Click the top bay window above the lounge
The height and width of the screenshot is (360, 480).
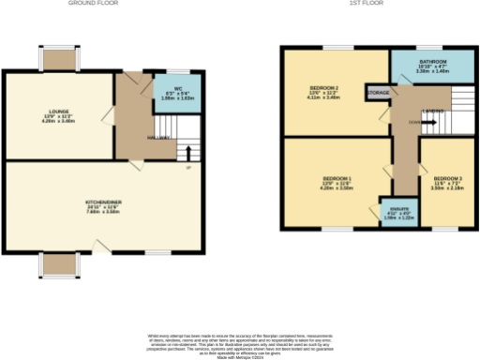(57, 59)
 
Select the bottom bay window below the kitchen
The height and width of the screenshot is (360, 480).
(57, 265)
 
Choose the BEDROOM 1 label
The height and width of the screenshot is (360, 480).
(337, 178)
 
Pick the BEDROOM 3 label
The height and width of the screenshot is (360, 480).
(446, 178)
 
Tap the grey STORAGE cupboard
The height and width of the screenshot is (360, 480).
(379, 94)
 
